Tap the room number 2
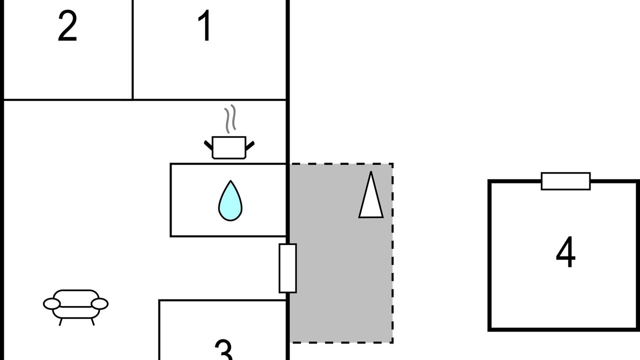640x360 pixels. tap(67, 27)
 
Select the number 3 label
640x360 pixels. tap(223, 350)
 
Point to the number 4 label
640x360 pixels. tap(565, 253)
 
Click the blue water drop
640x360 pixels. tap(230, 201)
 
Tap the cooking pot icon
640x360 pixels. tap(229, 147)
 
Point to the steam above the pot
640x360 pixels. tap(229, 119)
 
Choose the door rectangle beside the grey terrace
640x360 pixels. tap(287, 268)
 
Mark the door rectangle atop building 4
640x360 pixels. tap(565, 181)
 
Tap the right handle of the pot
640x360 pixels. tap(250, 145)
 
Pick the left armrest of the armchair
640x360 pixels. tap(51, 303)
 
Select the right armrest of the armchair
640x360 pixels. tap(99, 303)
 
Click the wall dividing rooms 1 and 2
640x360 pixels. tap(132, 50)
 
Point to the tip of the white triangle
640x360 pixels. tap(371, 173)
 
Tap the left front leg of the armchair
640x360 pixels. tap(61, 322)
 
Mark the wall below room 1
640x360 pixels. tap(210, 99)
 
